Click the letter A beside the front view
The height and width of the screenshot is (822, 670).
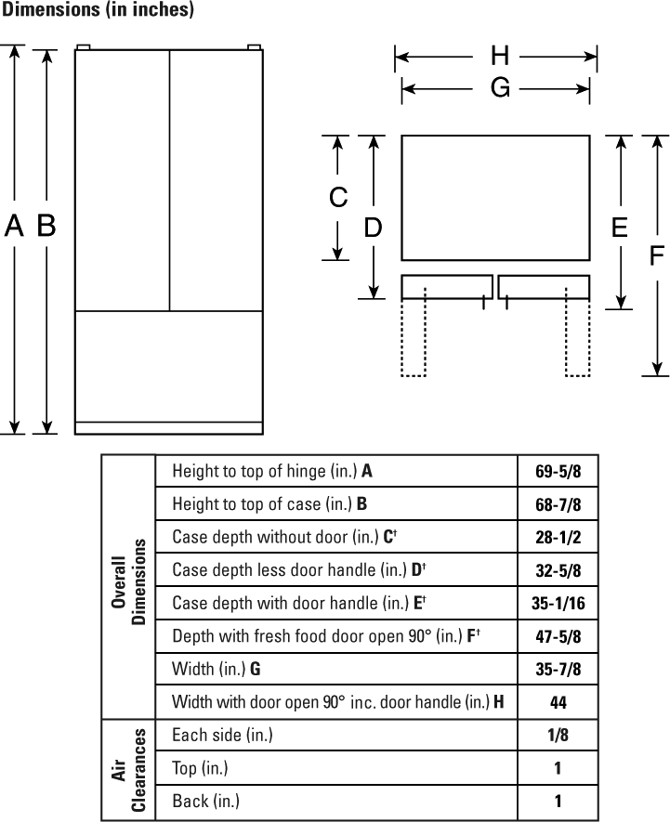(x=14, y=226)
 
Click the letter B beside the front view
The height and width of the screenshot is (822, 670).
(x=46, y=226)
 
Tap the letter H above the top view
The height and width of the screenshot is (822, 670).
(x=500, y=56)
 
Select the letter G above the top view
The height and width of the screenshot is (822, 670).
(x=500, y=87)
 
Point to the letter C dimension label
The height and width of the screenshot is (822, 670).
(x=338, y=198)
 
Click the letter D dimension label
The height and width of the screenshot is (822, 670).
(x=373, y=228)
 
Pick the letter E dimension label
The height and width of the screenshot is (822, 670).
(x=620, y=228)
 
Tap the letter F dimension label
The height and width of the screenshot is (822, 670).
(x=656, y=255)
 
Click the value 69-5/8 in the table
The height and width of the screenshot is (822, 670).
(x=558, y=471)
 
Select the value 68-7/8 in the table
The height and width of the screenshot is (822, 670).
(x=558, y=504)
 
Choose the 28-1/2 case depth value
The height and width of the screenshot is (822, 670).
(x=558, y=538)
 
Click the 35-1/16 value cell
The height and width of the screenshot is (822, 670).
(x=558, y=604)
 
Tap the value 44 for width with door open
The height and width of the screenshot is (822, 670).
(x=558, y=702)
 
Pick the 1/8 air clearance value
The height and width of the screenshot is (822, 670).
(x=558, y=735)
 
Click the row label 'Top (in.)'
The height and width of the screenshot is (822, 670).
(x=200, y=768)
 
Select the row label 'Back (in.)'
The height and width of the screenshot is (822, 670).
(x=205, y=802)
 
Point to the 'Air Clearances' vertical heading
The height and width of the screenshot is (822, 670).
(x=128, y=770)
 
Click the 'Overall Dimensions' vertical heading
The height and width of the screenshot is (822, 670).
(x=128, y=581)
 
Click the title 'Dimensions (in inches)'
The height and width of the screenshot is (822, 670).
(x=98, y=9)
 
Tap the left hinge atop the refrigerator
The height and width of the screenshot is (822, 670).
(x=83, y=47)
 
